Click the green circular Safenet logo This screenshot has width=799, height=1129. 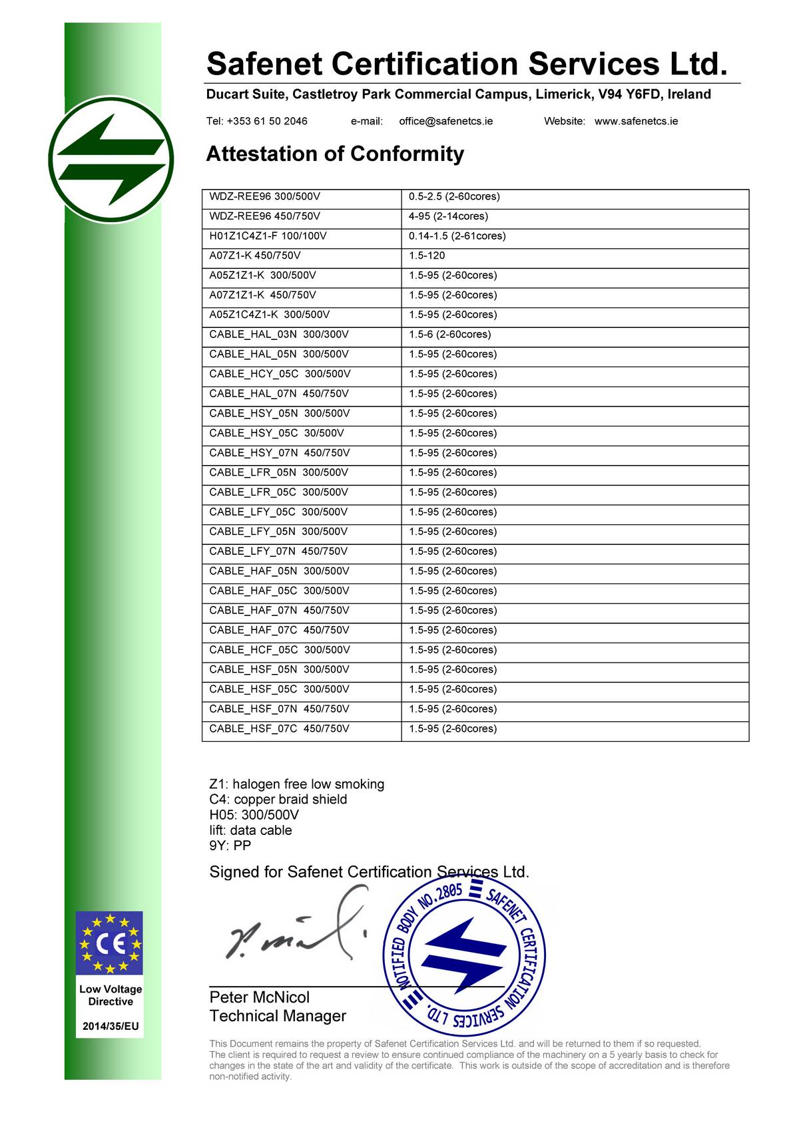pos(111,160)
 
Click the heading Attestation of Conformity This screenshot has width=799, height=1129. pos(335,154)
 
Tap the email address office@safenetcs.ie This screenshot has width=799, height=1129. pos(445,121)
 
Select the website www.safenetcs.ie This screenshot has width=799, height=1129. pos(636,121)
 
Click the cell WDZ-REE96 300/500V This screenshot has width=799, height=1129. pos(264,197)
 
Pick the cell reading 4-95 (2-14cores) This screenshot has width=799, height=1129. pos(448,216)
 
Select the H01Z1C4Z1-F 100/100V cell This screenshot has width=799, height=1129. pos(268,236)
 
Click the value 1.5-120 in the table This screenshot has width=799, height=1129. pos(427,255)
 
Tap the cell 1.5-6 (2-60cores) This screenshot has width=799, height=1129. pos(449,335)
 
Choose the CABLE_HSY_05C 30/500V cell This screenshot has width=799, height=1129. pos(276,433)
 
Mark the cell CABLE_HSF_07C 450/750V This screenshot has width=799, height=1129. pos(279,728)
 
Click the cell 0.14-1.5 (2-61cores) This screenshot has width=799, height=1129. pos(457,236)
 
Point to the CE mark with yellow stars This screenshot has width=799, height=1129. pos(110,943)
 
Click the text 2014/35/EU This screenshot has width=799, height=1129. pos(111,1026)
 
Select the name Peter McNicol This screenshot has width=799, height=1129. pos(260,997)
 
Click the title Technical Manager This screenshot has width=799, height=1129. pos(278,1016)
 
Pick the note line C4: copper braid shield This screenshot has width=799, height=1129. pos(278,800)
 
